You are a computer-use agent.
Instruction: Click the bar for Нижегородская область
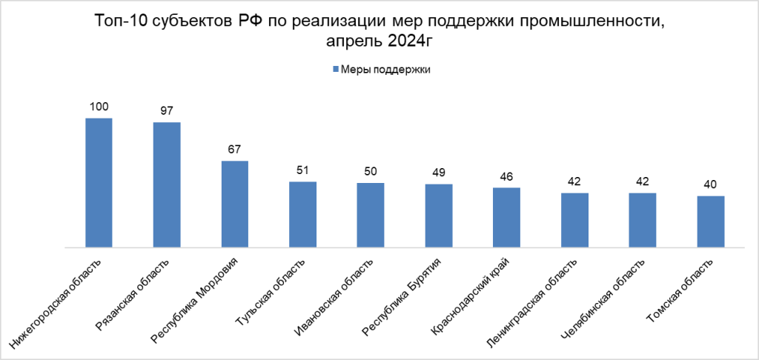click(x=99, y=182)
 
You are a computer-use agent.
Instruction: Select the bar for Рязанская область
click(x=167, y=184)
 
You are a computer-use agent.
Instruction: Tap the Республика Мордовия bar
click(x=234, y=204)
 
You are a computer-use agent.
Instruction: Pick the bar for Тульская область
click(x=302, y=214)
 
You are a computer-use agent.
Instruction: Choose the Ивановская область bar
click(x=371, y=215)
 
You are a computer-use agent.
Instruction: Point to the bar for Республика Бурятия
click(x=438, y=216)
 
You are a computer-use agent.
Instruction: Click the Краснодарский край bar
click(x=506, y=217)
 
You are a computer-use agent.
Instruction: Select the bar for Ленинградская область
click(x=574, y=220)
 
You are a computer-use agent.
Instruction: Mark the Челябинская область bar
click(x=642, y=220)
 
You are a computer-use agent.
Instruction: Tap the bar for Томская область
click(x=710, y=221)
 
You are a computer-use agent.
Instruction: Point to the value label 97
click(x=167, y=111)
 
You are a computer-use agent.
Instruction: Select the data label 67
click(x=234, y=150)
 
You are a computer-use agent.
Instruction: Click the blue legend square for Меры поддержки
click(x=335, y=70)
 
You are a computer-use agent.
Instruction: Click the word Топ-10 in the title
click(x=121, y=21)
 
